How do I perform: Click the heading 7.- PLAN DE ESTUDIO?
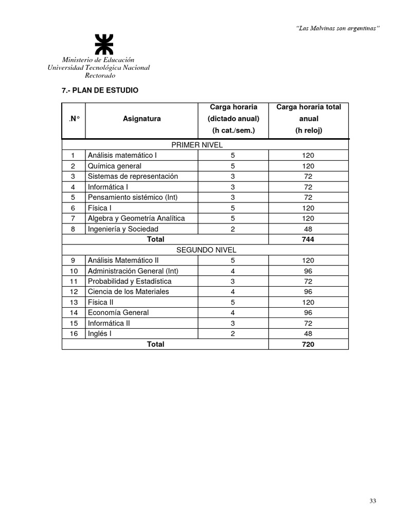click(100, 90)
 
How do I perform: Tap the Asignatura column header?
click(141, 119)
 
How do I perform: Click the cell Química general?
click(114, 166)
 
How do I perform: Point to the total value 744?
click(308, 239)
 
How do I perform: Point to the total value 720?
click(308, 344)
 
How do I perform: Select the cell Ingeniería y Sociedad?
click(123, 229)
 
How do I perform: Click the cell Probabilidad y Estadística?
click(129, 281)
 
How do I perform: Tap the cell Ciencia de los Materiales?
click(128, 292)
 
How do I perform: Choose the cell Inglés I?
click(99, 334)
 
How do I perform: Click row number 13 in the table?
click(74, 303)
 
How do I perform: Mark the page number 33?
click(373, 501)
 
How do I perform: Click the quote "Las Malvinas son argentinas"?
click(338, 28)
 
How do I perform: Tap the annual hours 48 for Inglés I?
click(308, 334)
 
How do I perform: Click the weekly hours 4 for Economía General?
click(232, 313)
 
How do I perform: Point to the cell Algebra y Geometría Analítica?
click(136, 218)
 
